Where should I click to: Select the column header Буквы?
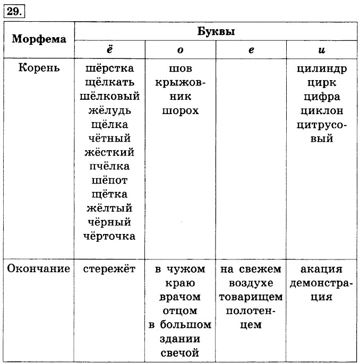[x=216, y=31]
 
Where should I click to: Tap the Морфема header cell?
[x=39, y=39]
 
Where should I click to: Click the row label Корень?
[x=39, y=68]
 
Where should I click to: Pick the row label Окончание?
[x=39, y=268]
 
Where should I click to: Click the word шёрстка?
[x=109, y=69]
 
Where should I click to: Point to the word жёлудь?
[x=109, y=111]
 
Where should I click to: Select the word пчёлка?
[x=109, y=167]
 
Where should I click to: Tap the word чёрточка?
[x=109, y=236]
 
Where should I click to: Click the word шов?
[x=180, y=69]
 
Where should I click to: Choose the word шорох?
[x=180, y=111]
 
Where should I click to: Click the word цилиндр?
[x=322, y=69]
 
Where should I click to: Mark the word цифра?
[x=322, y=97]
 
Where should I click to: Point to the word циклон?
[x=322, y=111]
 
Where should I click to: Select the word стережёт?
[x=109, y=268]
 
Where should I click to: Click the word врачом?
[x=180, y=297]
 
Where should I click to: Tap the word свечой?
[x=180, y=352]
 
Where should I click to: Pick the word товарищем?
[x=251, y=297]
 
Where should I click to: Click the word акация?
[x=322, y=268]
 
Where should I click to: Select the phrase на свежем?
[x=251, y=268]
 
